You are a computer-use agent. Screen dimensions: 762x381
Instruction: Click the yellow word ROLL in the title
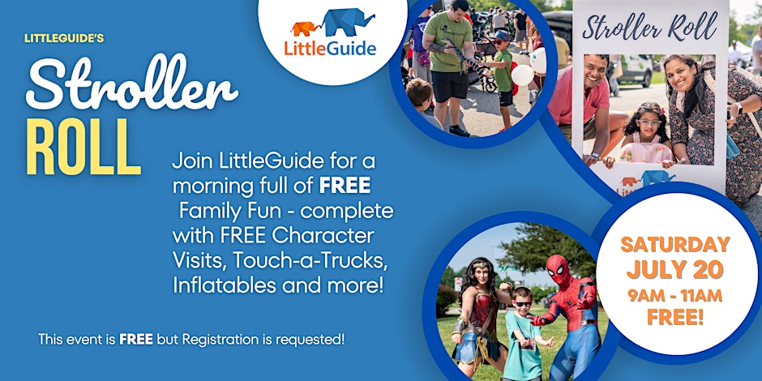coord(83,147)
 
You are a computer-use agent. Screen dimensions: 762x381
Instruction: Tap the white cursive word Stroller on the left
coord(131,82)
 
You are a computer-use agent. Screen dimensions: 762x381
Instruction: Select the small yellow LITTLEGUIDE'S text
coord(64,38)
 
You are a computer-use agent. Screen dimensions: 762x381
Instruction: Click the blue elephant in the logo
coord(348,22)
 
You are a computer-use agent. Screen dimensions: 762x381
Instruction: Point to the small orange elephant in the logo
coord(305,28)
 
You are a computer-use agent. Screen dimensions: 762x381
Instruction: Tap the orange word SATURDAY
coord(675,245)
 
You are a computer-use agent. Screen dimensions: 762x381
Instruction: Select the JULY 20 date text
coord(674,270)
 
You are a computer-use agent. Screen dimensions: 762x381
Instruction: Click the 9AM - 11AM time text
coord(675,295)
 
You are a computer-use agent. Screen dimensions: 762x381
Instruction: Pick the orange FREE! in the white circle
coord(675,317)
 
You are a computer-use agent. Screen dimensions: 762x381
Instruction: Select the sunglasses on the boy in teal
coord(523,304)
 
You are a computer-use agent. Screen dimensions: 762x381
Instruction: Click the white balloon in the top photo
coord(522,75)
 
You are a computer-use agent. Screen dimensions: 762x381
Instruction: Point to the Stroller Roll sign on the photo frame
coord(650,27)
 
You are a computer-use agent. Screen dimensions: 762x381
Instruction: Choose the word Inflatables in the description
coord(224,285)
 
